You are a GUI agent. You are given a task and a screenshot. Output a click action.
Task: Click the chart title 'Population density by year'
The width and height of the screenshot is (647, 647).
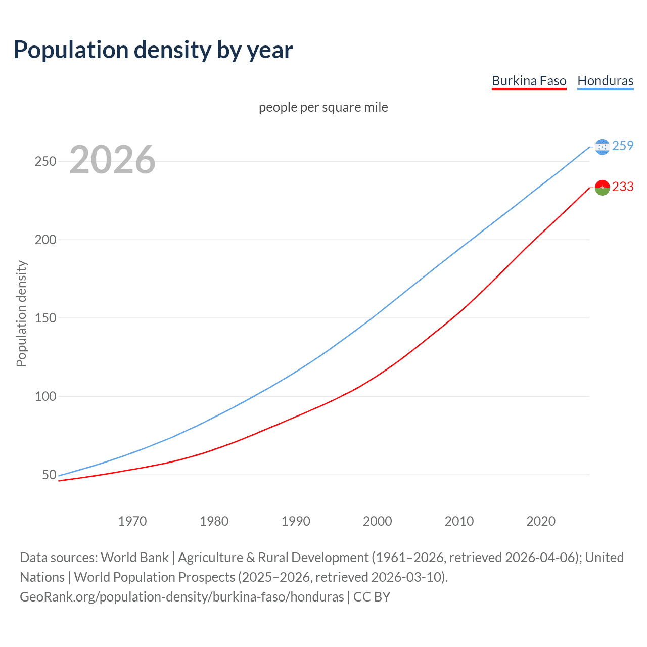153,50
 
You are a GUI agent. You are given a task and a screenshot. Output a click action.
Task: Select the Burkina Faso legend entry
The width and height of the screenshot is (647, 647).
529,81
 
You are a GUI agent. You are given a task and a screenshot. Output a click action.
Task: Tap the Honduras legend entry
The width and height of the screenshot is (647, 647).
605,81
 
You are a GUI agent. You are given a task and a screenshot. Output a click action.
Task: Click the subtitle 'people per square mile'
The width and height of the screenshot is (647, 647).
323,108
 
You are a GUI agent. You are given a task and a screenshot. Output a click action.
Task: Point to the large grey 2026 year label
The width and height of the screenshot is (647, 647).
112,160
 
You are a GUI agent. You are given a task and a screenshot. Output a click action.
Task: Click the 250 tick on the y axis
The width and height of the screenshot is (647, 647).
45,162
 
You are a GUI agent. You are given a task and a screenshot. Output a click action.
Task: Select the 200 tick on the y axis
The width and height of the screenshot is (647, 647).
45,240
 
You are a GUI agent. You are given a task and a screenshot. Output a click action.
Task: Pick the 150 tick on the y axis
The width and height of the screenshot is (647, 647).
45,318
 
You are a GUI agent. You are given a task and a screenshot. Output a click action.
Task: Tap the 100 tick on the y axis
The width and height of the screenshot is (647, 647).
45,396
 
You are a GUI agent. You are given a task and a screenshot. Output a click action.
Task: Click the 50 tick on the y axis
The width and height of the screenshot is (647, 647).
49,475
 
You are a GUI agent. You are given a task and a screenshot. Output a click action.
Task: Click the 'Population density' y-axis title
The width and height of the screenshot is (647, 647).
21,313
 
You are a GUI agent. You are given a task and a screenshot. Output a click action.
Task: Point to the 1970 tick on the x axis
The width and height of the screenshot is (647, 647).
132,521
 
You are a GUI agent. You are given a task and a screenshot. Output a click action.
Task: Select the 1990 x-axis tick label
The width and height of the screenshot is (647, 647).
296,521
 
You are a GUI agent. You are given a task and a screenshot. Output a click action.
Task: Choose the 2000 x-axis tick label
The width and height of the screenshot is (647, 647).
378,521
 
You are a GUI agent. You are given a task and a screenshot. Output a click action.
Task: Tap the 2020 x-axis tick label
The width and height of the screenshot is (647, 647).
541,521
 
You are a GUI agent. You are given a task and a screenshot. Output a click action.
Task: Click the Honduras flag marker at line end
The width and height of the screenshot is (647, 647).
602,147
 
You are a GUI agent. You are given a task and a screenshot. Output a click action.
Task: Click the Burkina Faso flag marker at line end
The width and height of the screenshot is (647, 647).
602,188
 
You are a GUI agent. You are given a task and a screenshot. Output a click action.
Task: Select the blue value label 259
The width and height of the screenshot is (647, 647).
623,146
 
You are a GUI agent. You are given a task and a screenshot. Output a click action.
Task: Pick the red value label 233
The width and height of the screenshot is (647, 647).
623,187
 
